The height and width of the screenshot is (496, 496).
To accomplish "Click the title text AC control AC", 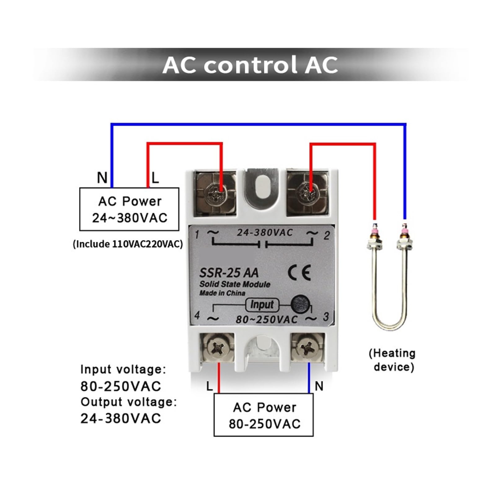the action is (250, 65).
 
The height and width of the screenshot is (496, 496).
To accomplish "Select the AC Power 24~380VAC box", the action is (129, 209).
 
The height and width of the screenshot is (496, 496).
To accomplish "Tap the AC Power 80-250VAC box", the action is (264, 415).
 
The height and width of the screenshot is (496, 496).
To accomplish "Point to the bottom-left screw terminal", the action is (217, 348).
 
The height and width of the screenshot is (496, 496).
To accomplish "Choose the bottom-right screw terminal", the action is (308, 348).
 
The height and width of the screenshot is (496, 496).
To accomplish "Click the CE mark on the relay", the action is (299, 273).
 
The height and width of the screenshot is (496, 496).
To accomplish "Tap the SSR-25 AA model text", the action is (228, 273).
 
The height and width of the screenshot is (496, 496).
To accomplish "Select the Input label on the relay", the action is (262, 305).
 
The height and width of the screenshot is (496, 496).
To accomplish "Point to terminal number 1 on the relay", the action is (197, 234).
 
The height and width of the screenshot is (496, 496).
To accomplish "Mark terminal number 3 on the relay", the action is (325, 317).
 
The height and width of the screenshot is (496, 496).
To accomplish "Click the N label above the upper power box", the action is (102, 178).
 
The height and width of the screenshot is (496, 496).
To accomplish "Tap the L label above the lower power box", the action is (210, 386).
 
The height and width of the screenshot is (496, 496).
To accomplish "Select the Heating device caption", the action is (392, 360).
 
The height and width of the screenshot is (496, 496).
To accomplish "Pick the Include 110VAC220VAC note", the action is (128, 244).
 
